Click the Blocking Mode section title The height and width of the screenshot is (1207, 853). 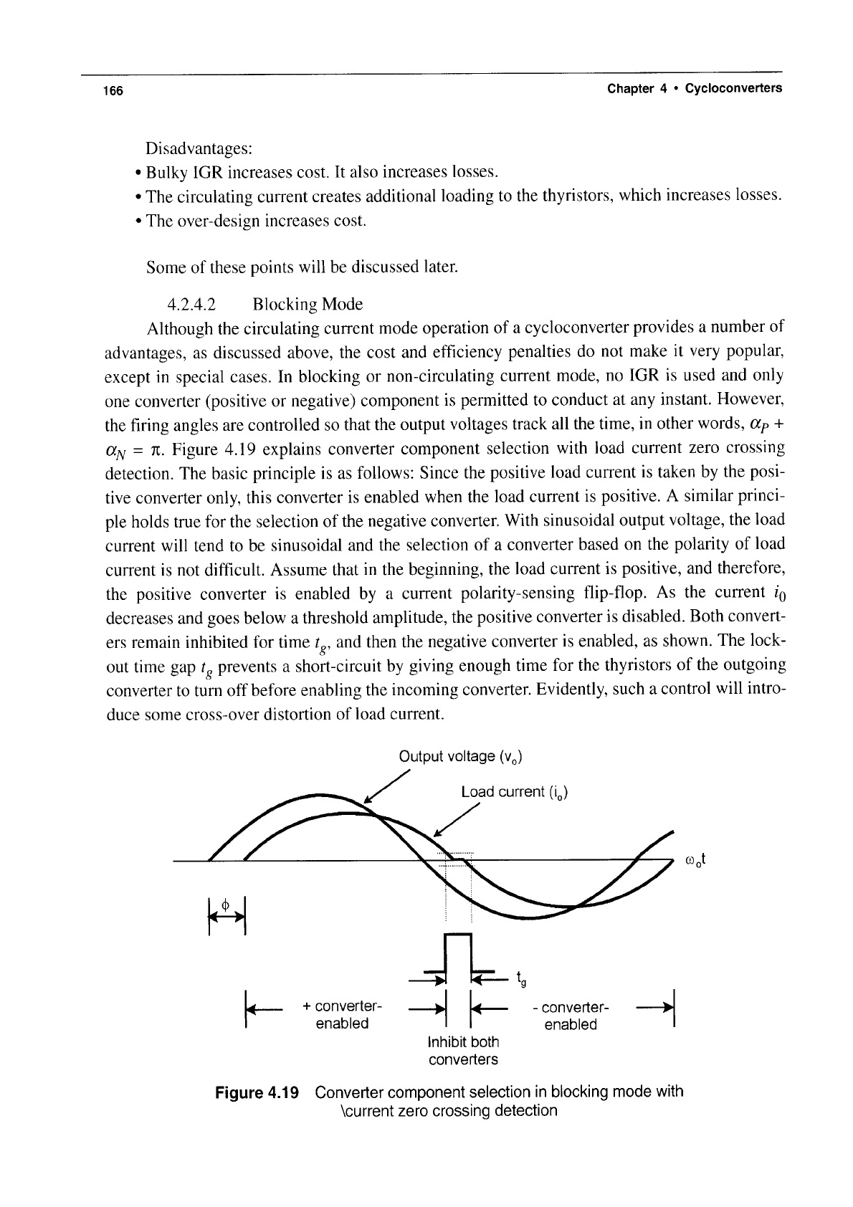click(x=308, y=305)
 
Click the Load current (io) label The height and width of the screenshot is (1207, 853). click(x=515, y=792)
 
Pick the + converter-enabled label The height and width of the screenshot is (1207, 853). click(x=342, y=1014)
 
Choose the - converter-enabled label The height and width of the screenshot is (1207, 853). click(x=571, y=1016)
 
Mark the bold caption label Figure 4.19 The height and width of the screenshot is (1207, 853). click(x=261, y=1092)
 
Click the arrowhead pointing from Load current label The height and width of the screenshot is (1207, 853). click(x=439, y=834)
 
